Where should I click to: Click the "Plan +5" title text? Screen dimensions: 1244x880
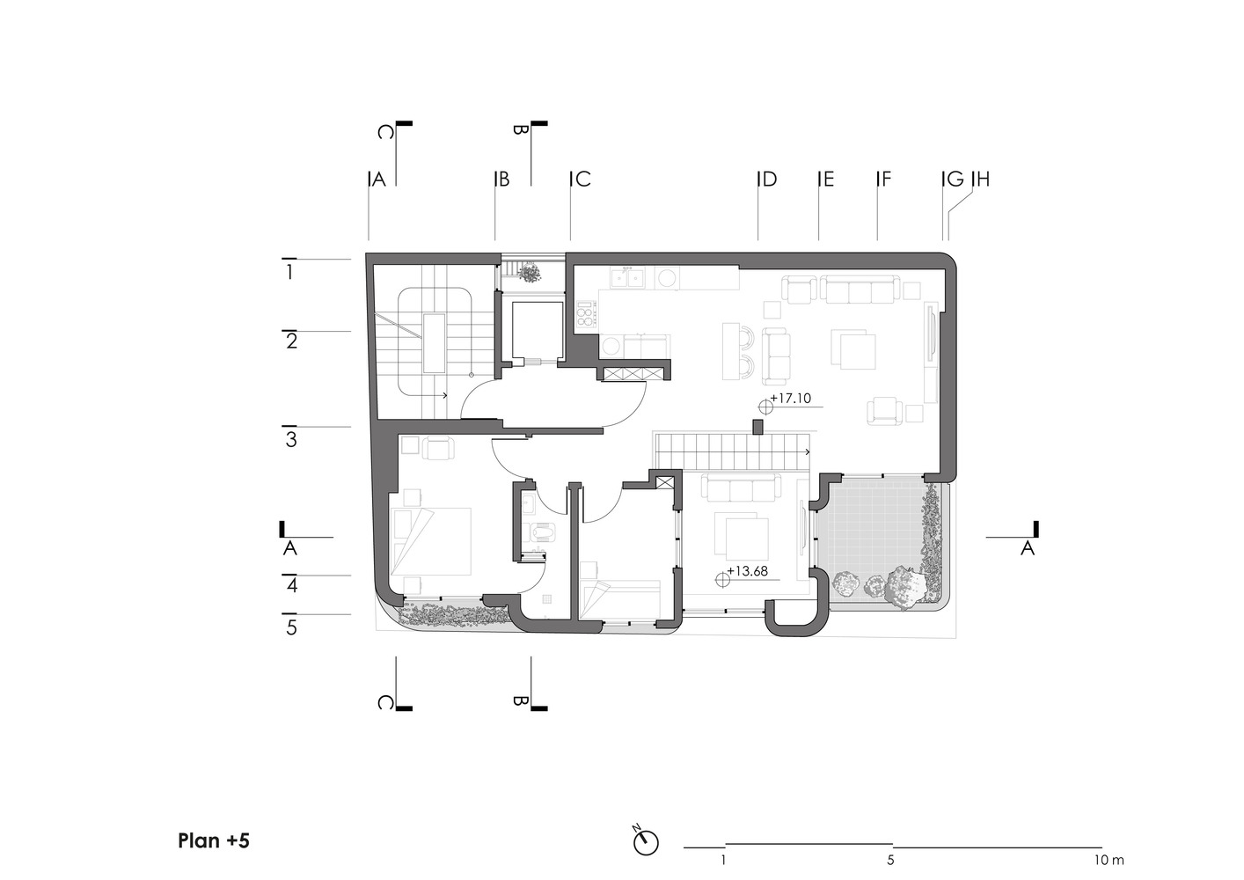point(214,840)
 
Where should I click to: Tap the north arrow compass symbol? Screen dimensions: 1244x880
point(646,843)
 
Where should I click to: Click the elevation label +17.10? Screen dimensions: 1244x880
point(791,399)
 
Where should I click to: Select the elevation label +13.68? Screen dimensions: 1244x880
point(748,571)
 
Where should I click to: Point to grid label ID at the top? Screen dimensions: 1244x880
point(767,179)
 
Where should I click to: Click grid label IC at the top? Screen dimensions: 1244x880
point(581,179)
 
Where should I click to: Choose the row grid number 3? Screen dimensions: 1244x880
point(291,440)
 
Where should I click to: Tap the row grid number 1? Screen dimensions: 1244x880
point(289,273)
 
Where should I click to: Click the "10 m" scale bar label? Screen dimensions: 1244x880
point(1109,861)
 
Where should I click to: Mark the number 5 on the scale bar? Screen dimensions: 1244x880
point(890,861)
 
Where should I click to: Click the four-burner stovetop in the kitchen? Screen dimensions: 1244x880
point(587,314)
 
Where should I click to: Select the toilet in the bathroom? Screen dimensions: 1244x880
point(540,532)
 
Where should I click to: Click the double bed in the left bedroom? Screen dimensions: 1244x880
point(431,541)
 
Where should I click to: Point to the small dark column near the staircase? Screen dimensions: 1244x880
point(757,427)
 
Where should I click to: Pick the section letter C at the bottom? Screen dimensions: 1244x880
point(385,703)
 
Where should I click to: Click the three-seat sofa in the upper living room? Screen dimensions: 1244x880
point(860,290)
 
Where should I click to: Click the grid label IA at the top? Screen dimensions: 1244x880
point(377,179)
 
